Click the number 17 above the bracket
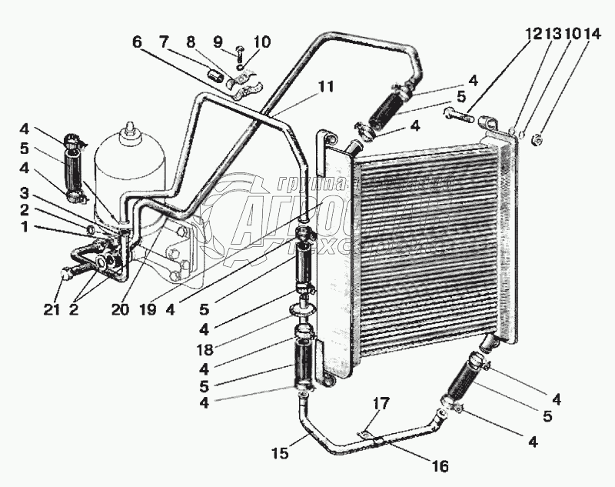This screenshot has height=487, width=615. click(382, 402)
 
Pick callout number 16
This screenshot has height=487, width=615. click(440, 467)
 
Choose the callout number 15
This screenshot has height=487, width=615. click(281, 453)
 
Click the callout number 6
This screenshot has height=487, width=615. click(138, 43)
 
